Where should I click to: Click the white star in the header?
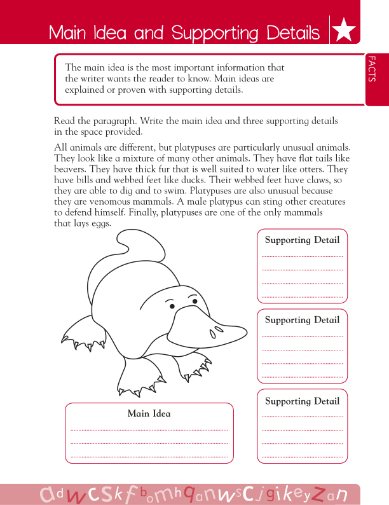point(343,31)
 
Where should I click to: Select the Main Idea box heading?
point(149,413)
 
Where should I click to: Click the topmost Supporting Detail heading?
point(302,240)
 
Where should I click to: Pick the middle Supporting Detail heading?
point(302,320)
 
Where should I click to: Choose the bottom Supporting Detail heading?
point(302,401)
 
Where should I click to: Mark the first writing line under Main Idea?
point(149,429)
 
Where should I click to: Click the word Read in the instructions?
point(64,121)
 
